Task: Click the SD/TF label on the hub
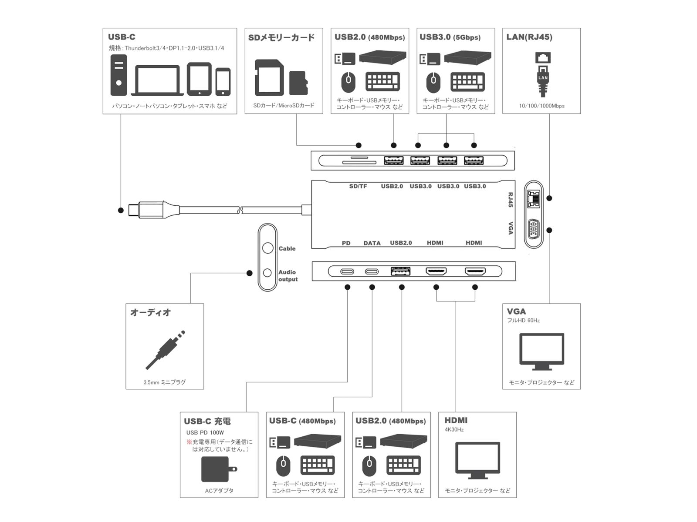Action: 358,186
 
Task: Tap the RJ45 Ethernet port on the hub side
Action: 534,198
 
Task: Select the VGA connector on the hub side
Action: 534,230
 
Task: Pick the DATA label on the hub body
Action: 372,243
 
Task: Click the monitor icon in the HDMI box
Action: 477,460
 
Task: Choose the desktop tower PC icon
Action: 118,74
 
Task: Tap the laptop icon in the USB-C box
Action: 157,80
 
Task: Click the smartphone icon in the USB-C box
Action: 223,81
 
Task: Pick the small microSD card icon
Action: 298,83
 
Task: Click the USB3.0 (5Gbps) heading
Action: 450,37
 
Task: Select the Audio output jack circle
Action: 267,273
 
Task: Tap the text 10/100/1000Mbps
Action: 541,106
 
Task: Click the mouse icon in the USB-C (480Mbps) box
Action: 283,466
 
